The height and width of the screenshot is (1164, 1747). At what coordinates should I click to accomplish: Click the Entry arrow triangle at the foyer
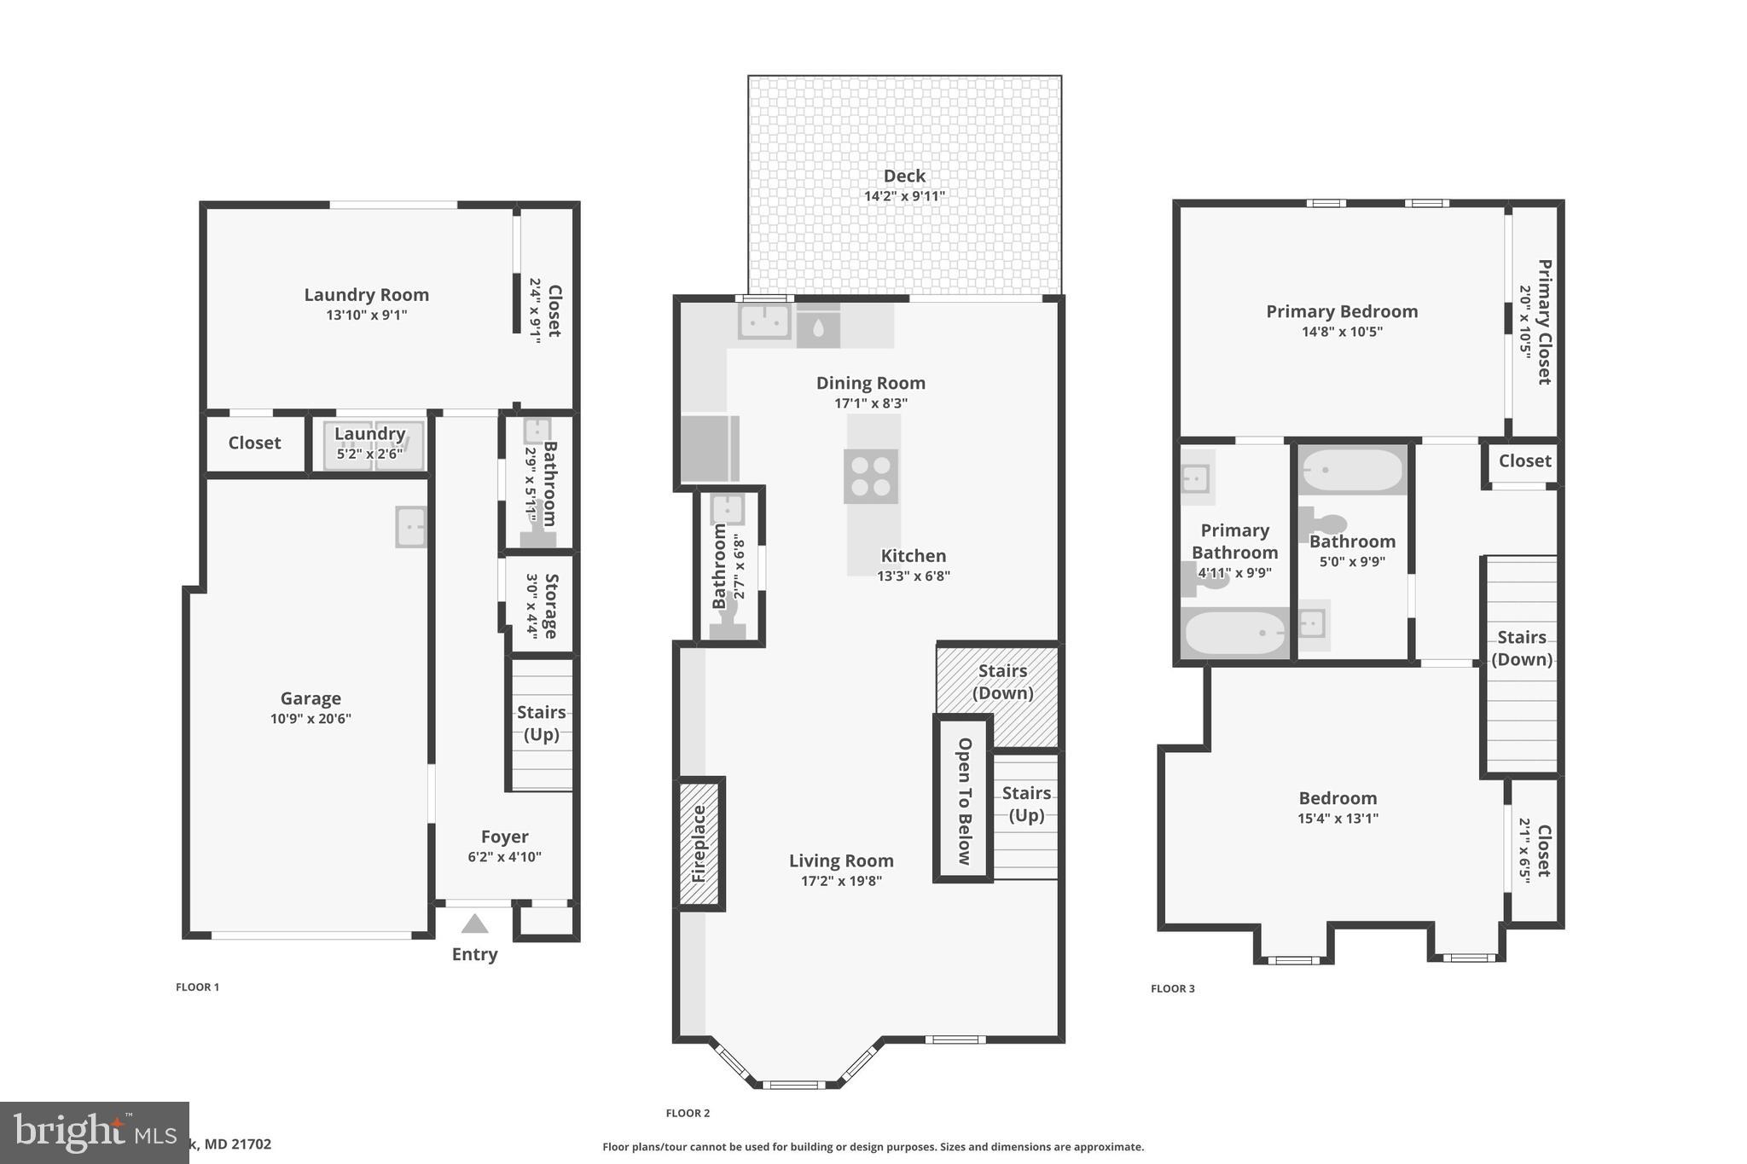(x=474, y=924)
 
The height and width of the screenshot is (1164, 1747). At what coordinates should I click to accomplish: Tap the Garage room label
(x=311, y=698)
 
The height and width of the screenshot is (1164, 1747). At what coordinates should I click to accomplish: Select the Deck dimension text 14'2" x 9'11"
(x=904, y=196)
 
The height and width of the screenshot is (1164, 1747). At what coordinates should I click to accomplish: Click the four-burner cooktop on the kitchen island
(x=871, y=476)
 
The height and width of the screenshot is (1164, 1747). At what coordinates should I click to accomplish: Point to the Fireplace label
(x=699, y=843)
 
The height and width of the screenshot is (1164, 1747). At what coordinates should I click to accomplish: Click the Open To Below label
(x=965, y=801)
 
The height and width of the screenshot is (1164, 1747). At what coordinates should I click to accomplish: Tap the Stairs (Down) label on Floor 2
(x=1002, y=681)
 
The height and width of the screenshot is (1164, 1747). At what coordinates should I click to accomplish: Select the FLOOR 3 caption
(x=1172, y=988)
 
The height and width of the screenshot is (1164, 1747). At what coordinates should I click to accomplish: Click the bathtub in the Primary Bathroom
(x=1235, y=633)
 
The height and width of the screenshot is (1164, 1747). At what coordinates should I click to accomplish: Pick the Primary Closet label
(x=1544, y=321)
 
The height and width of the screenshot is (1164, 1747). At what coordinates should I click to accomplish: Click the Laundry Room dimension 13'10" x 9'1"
(x=366, y=315)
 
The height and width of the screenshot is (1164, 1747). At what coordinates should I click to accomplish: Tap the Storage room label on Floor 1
(x=551, y=605)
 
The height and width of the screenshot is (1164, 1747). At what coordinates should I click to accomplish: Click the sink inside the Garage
(x=410, y=527)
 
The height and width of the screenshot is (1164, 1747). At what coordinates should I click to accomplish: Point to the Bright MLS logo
(x=94, y=1132)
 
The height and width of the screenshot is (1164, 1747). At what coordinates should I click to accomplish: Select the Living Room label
(x=841, y=860)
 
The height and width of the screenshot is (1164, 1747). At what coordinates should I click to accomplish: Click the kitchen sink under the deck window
(x=764, y=322)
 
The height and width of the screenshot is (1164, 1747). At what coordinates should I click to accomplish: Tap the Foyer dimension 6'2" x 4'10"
(x=504, y=857)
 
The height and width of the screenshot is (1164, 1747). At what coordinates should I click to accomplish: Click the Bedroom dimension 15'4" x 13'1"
(x=1338, y=819)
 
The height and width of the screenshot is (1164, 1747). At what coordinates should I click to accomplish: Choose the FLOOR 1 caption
(x=197, y=987)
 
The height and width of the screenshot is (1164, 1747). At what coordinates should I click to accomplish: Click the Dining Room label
(x=870, y=383)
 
